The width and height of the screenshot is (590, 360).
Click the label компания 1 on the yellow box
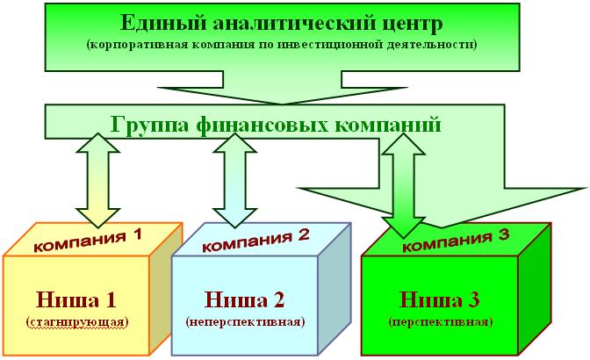tap(88, 241)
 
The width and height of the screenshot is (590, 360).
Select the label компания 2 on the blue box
tap(255, 241)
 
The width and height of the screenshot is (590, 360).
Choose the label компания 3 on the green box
tap(456, 241)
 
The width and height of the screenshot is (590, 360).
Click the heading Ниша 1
tap(76, 299)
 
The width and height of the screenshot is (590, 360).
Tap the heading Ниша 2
tap(245, 299)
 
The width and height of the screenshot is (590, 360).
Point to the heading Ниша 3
tap(440, 299)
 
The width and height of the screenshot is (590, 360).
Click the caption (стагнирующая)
tap(77, 322)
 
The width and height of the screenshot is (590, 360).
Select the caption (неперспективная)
tap(245, 322)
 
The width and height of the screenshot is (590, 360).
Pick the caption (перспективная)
tap(441, 322)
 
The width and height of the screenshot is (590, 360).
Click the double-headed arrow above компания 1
tap(97, 181)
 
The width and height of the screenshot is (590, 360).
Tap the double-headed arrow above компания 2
tap(234, 181)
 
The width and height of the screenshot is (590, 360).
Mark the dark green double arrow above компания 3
tap(403, 186)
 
